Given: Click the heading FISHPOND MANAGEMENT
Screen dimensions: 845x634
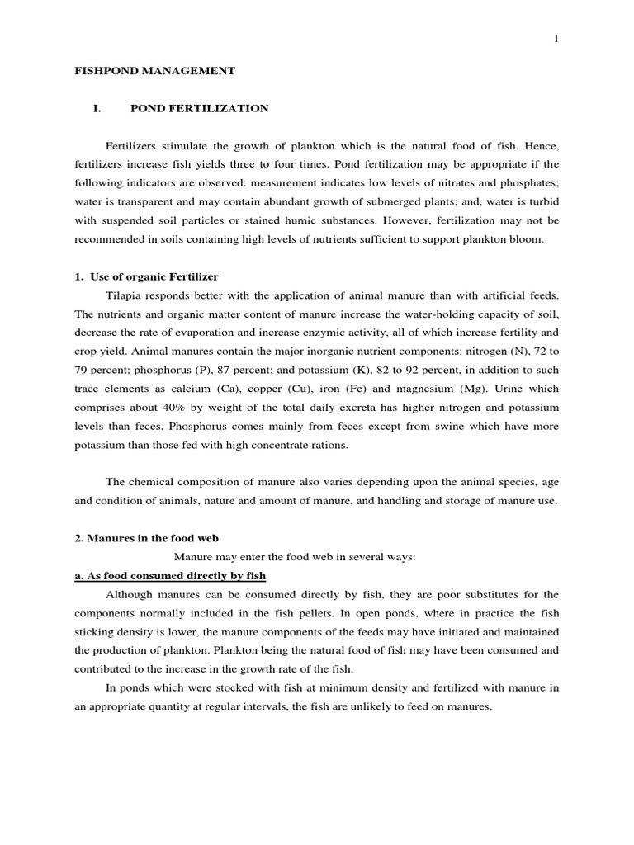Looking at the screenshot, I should [155, 72].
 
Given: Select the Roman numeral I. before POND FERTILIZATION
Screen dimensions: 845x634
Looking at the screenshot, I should [96, 108].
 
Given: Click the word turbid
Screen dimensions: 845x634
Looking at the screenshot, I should [541, 202].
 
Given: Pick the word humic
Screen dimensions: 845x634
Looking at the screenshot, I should [342, 221].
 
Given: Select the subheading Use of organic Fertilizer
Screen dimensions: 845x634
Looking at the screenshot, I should [153, 276].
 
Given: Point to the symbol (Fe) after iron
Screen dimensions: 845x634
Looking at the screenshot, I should [390, 389].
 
